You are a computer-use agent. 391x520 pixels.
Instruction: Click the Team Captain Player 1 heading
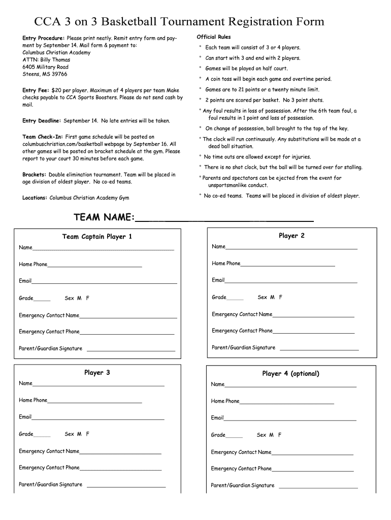pos(97,237)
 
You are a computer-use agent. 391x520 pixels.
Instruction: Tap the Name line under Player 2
pos(291,248)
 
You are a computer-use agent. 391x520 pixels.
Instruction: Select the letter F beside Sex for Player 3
pos(88,434)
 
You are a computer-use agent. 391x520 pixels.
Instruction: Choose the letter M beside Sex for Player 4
pos(272,435)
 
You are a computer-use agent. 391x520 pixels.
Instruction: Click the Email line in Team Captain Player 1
pos(104,282)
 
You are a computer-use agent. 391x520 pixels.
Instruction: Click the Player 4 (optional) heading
pos(290,374)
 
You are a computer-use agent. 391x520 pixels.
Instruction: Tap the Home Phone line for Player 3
pos(94,402)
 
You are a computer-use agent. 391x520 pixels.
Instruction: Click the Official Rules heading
pos(213,37)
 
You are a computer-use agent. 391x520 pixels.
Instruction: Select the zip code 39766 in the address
pos(58,74)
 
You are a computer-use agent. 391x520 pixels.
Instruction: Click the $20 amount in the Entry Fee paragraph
pos(56,90)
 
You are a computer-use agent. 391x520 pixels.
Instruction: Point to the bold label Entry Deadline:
pos(42,121)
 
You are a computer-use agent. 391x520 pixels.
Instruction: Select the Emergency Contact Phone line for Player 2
pos(313,333)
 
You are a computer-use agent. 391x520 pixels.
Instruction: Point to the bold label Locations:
pos(35,198)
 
